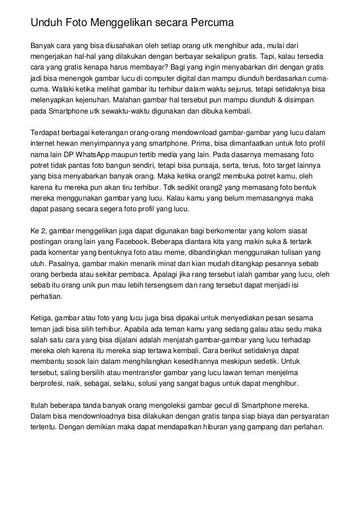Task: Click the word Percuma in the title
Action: (209, 23)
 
